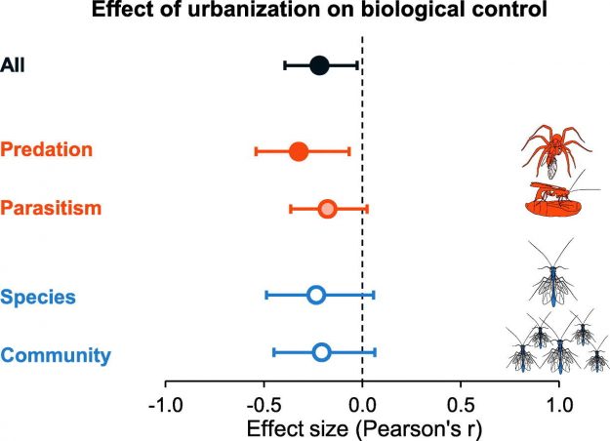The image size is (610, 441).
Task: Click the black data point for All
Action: [x=319, y=65]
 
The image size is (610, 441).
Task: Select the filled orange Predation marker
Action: [x=299, y=151]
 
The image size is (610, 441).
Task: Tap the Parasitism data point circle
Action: [x=328, y=208]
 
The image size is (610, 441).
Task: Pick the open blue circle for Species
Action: [x=316, y=295]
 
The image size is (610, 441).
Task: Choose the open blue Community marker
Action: [x=321, y=352]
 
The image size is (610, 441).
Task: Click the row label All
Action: [x=14, y=65]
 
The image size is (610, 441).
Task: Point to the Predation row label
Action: [x=47, y=149]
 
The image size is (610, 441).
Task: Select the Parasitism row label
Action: [x=52, y=207]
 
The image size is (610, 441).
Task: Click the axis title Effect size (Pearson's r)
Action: [x=363, y=426]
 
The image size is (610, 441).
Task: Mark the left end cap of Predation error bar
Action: [x=256, y=151]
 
